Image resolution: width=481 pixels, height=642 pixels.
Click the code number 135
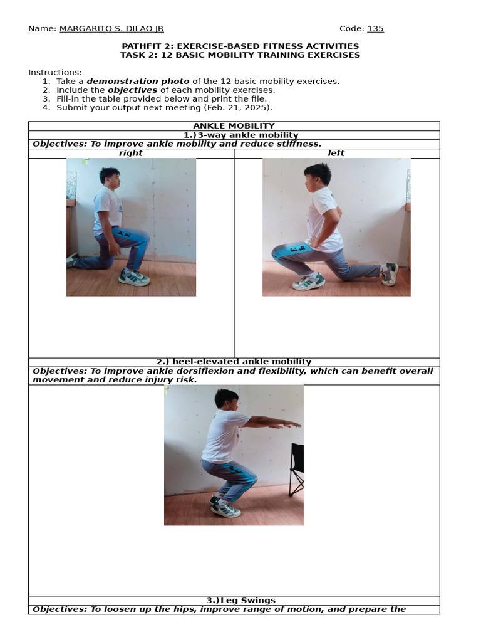tap(375, 29)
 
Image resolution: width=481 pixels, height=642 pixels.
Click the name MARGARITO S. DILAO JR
tap(111, 29)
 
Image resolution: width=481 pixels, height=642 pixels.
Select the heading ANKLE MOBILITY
tap(234, 126)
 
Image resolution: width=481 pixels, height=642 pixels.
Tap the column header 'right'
tap(131, 153)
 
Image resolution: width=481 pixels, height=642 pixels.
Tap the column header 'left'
tap(336, 153)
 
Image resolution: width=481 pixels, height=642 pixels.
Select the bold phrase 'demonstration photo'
tap(138, 81)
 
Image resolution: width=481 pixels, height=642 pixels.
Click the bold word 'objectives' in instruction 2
tap(132, 90)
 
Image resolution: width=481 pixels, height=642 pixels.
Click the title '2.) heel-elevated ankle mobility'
tap(234, 362)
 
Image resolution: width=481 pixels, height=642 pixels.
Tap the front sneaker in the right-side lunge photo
tap(134, 278)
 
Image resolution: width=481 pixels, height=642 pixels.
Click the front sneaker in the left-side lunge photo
tap(309, 282)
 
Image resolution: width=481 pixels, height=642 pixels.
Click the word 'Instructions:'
tap(55, 72)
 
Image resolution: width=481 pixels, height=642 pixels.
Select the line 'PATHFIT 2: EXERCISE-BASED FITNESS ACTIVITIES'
tap(240, 46)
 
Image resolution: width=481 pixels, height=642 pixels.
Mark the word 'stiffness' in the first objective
tap(297, 144)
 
